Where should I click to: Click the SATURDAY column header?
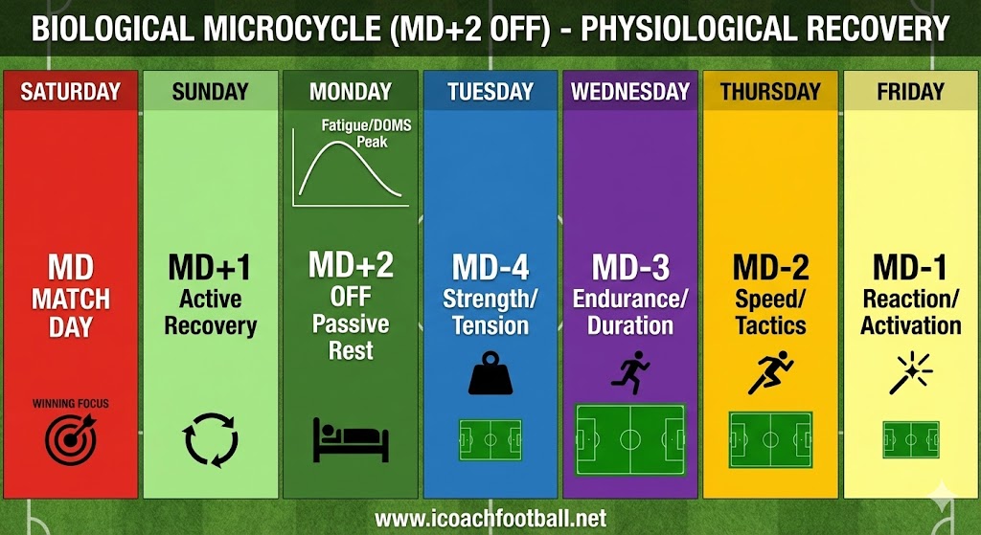point(70,92)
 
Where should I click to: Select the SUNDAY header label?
point(210,92)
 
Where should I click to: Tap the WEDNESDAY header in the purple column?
point(630,92)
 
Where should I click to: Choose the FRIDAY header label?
point(910,92)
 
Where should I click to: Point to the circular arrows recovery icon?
point(210,440)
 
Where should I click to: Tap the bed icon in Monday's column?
point(351,439)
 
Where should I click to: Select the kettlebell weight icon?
point(490,373)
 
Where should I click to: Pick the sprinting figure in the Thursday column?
point(770,372)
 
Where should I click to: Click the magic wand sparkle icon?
point(910,372)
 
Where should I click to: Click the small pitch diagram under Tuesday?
point(490,440)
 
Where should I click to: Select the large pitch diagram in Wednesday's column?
point(630,439)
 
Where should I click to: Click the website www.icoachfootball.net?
point(490,518)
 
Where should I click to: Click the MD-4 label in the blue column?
point(490,266)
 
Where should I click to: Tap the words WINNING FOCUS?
point(70,403)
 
